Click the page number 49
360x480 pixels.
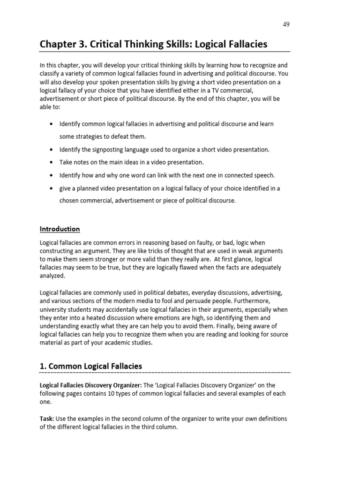click(x=286, y=24)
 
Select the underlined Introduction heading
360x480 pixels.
click(x=60, y=229)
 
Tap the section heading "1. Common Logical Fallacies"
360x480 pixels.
click(x=91, y=366)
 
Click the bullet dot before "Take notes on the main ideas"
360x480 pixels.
click(x=51, y=162)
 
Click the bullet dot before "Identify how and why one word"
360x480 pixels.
click(x=51, y=175)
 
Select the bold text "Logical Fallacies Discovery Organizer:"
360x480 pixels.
click(x=82, y=385)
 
